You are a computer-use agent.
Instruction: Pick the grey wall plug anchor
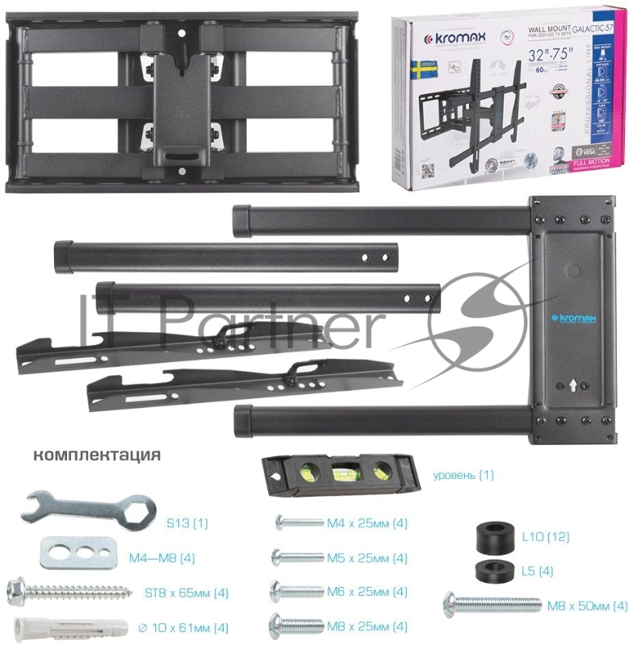68,626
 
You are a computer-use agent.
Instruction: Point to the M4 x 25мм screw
299,522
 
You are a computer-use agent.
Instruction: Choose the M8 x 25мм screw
296,624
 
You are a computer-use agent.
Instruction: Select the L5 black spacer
492,570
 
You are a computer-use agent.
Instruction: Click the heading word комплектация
97,455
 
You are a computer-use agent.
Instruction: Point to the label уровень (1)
463,475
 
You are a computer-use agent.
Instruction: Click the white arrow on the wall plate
570,385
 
